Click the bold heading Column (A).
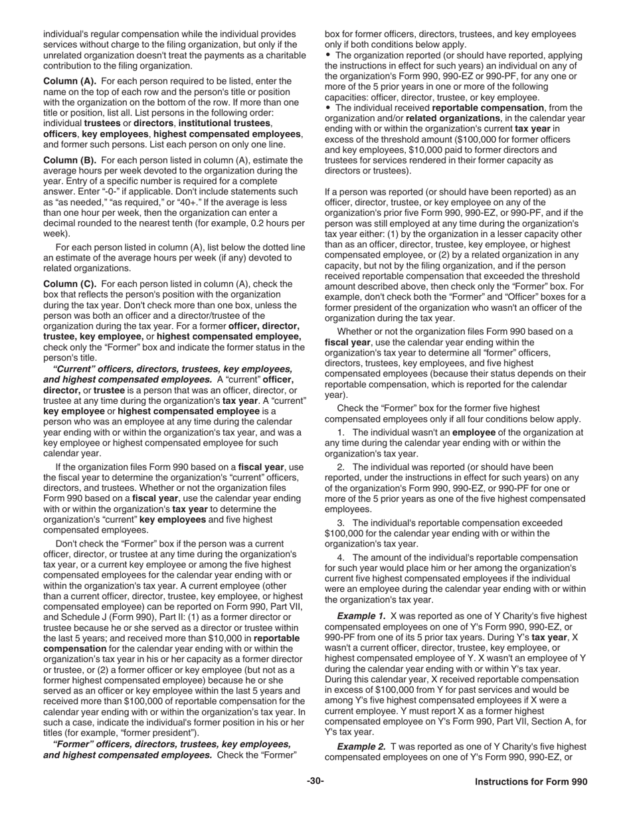[x=70, y=81]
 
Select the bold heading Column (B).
[x=70, y=160]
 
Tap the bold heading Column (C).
[x=70, y=284]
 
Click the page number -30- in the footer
[x=315, y=781]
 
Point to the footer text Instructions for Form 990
[x=531, y=782]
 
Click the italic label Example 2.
[x=361, y=747]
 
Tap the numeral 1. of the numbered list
[x=341, y=432]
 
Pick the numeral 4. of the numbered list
[x=341, y=558]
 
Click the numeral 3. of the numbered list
[x=341, y=523]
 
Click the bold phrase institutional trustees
[x=225, y=123]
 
